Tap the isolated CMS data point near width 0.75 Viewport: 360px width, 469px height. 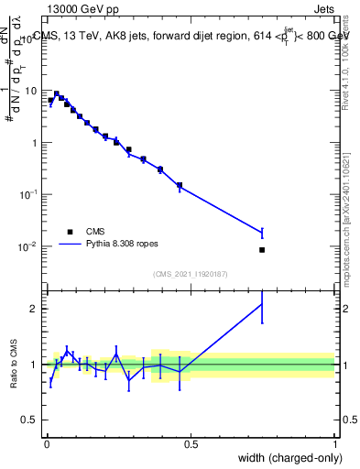point(262,249)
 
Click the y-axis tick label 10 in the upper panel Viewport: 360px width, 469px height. point(31,91)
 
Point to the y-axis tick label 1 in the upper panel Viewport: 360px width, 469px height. point(34,143)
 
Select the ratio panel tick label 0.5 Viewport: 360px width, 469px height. point(29,420)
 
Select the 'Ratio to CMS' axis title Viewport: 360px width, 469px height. point(13,364)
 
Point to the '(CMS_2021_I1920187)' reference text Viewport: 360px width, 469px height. point(190,274)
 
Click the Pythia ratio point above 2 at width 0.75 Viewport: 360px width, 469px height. point(262,303)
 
